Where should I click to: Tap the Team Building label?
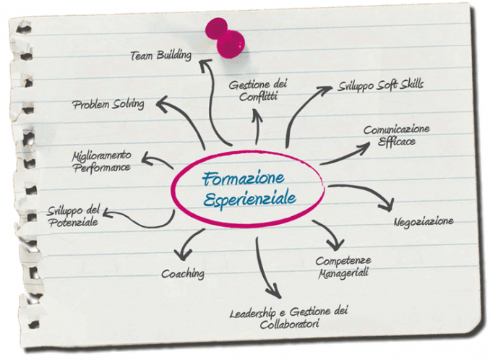coord(161,56)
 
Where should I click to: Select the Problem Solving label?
coord(108,104)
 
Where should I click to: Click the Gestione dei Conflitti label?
coord(258,90)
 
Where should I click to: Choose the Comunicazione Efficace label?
coord(397,135)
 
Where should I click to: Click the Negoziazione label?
coord(424,220)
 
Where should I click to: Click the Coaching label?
coord(182,274)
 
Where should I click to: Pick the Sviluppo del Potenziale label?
coord(73,215)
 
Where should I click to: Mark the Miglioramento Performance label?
coord(101,162)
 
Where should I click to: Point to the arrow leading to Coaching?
coord(189,243)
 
